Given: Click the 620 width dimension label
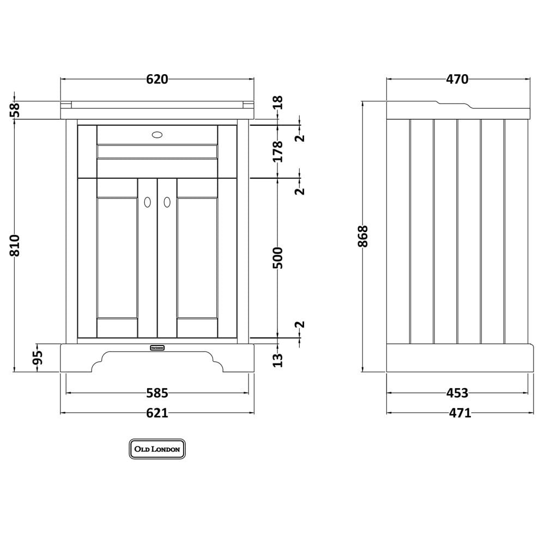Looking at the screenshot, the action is click(x=157, y=79).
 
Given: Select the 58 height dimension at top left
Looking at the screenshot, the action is click(x=15, y=110).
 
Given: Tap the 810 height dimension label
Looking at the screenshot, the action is click(x=15, y=245).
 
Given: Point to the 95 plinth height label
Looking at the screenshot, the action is click(x=38, y=358).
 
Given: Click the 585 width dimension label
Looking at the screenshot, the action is click(x=157, y=393).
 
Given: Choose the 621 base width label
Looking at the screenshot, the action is click(x=157, y=413).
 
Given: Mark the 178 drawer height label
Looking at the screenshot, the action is click(x=278, y=152).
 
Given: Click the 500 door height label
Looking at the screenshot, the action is click(x=278, y=258).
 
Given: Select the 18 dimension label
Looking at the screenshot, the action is click(x=278, y=102).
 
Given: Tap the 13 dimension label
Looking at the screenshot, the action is click(x=278, y=360).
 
